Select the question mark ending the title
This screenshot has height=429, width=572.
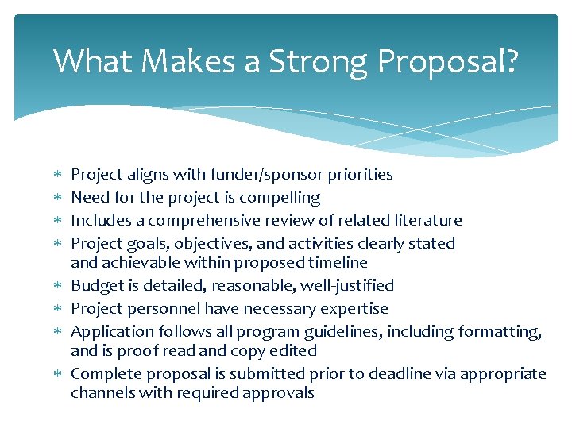pyautogui.click(x=508, y=61)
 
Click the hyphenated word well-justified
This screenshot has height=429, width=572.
pyautogui.click(x=346, y=285)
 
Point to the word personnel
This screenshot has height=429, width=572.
pyautogui.click(x=156, y=308)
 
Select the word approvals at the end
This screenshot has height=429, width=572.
pyautogui.click(x=279, y=392)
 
